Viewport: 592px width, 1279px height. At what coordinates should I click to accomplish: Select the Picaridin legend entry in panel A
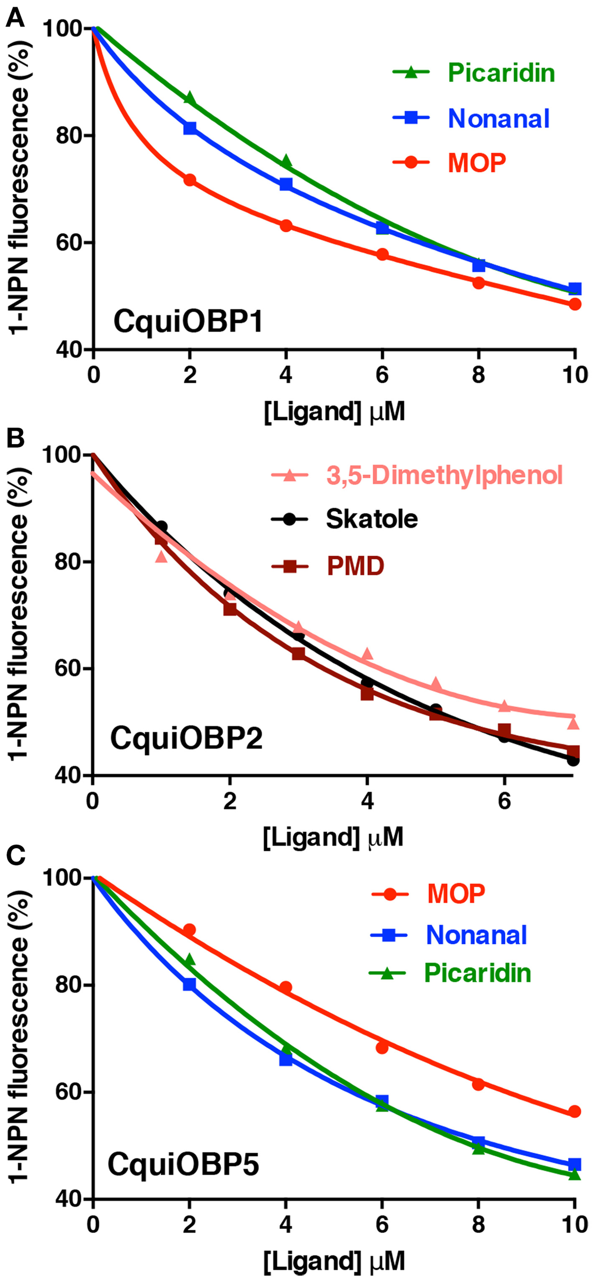point(500,73)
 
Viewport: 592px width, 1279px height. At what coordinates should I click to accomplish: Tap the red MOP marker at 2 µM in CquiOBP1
point(190,180)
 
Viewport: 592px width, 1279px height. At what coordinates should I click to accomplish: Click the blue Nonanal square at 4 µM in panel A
point(286,184)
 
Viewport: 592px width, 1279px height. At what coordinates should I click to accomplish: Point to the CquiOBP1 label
point(188,322)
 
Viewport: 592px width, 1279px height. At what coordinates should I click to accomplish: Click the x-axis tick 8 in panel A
point(478,375)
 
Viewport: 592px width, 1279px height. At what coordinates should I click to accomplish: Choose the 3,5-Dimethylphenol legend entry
point(444,475)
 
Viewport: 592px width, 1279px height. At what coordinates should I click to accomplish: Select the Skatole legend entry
point(371,519)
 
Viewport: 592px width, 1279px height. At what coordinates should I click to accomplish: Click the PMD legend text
point(355,566)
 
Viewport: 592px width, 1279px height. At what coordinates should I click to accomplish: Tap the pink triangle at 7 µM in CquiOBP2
point(573,723)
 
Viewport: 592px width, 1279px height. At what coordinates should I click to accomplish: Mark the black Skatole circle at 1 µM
point(162,526)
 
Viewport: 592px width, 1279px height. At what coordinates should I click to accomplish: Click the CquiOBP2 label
point(186,738)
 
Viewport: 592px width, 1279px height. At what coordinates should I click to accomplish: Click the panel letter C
point(15,856)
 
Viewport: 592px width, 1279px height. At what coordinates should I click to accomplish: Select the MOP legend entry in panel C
point(455,894)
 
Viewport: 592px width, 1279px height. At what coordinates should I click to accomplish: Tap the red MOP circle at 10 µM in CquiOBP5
point(575,1112)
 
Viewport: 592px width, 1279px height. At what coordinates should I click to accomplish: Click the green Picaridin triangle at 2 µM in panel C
point(189,960)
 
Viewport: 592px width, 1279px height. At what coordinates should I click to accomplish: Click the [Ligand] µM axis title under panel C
point(334,1261)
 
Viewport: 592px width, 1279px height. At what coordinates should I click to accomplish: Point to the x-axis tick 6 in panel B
point(504,801)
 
